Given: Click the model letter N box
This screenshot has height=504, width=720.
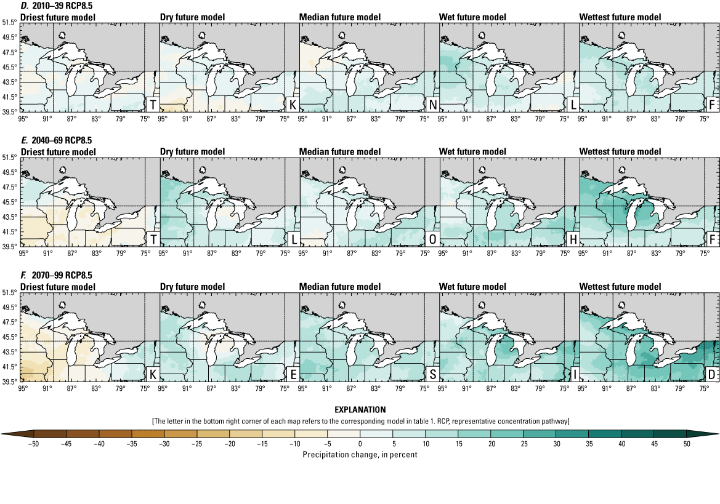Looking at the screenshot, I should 433,105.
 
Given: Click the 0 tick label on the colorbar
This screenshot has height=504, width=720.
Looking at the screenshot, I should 360,444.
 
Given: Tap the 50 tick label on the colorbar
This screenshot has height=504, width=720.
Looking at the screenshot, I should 686,444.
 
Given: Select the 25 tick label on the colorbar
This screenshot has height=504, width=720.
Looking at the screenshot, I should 523,444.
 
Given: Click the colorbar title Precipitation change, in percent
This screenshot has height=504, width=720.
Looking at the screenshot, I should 360,454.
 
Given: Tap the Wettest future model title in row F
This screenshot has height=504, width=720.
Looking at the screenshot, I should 620,287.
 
